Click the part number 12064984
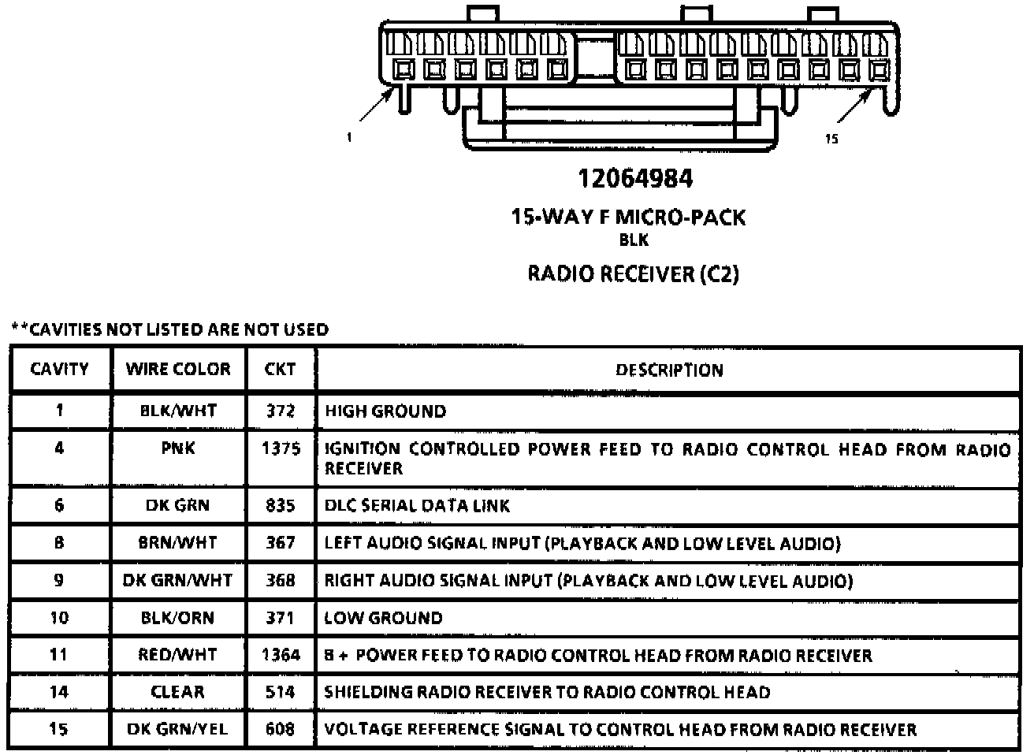[635, 179]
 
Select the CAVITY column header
[59, 369]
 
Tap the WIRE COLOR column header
[178, 369]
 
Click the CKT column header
[280, 369]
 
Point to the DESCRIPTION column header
[669, 370]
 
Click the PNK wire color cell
[177, 448]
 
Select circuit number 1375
[281, 448]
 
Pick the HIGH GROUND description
[385, 411]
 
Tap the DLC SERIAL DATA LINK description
[417, 505]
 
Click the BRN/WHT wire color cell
[177, 543]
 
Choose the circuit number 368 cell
[281, 581]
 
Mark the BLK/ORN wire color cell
[177, 618]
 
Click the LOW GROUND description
[383, 618]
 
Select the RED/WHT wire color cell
[177, 655]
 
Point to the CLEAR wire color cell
[177, 692]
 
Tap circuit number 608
[281, 729]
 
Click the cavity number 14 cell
[59, 692]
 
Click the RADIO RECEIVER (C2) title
[633, 274]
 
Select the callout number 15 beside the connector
[831, 139]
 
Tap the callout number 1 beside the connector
[348, 137]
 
